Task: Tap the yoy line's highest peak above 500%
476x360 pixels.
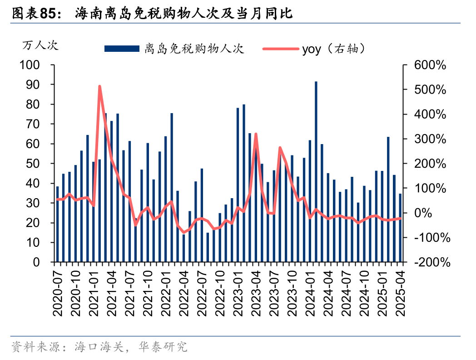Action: [x=99, y=86]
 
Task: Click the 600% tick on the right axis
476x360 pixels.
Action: [x=430, y=65]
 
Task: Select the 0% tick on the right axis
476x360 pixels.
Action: [x=436, y=213]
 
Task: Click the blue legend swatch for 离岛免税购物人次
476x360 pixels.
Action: [x=122, y=48]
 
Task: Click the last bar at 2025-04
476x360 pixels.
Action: [x=400, y=228]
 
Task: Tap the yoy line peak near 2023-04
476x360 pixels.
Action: [x=256, y=134]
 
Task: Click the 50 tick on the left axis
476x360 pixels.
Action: [x=35, y=164]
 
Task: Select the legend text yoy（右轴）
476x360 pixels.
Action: [x=334, y=48]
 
